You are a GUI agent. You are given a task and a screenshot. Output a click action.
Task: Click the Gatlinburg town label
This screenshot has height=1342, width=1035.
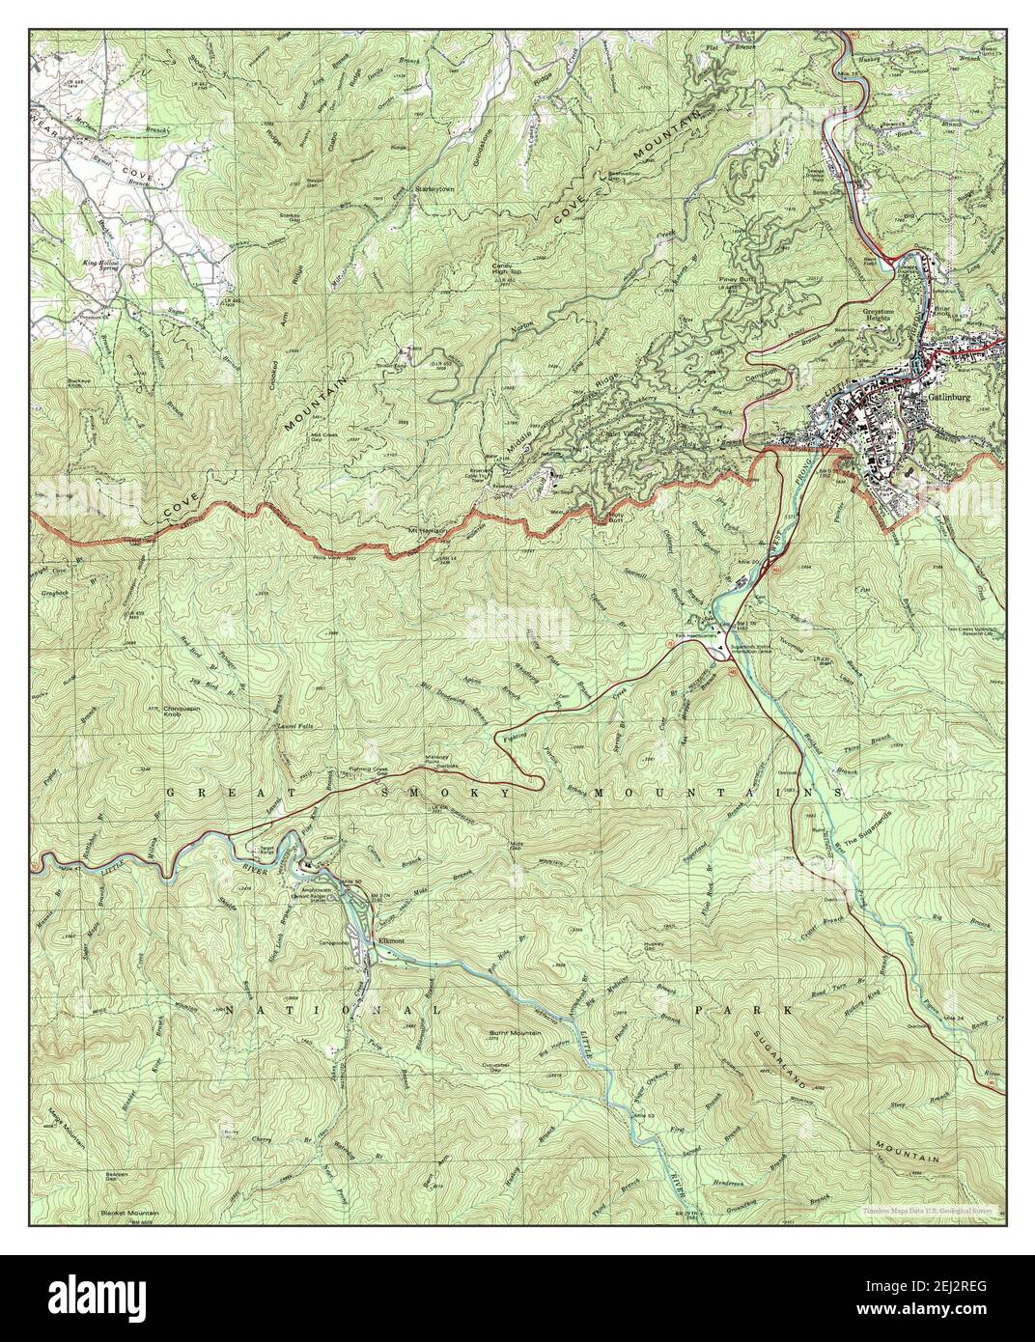point(949,397)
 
